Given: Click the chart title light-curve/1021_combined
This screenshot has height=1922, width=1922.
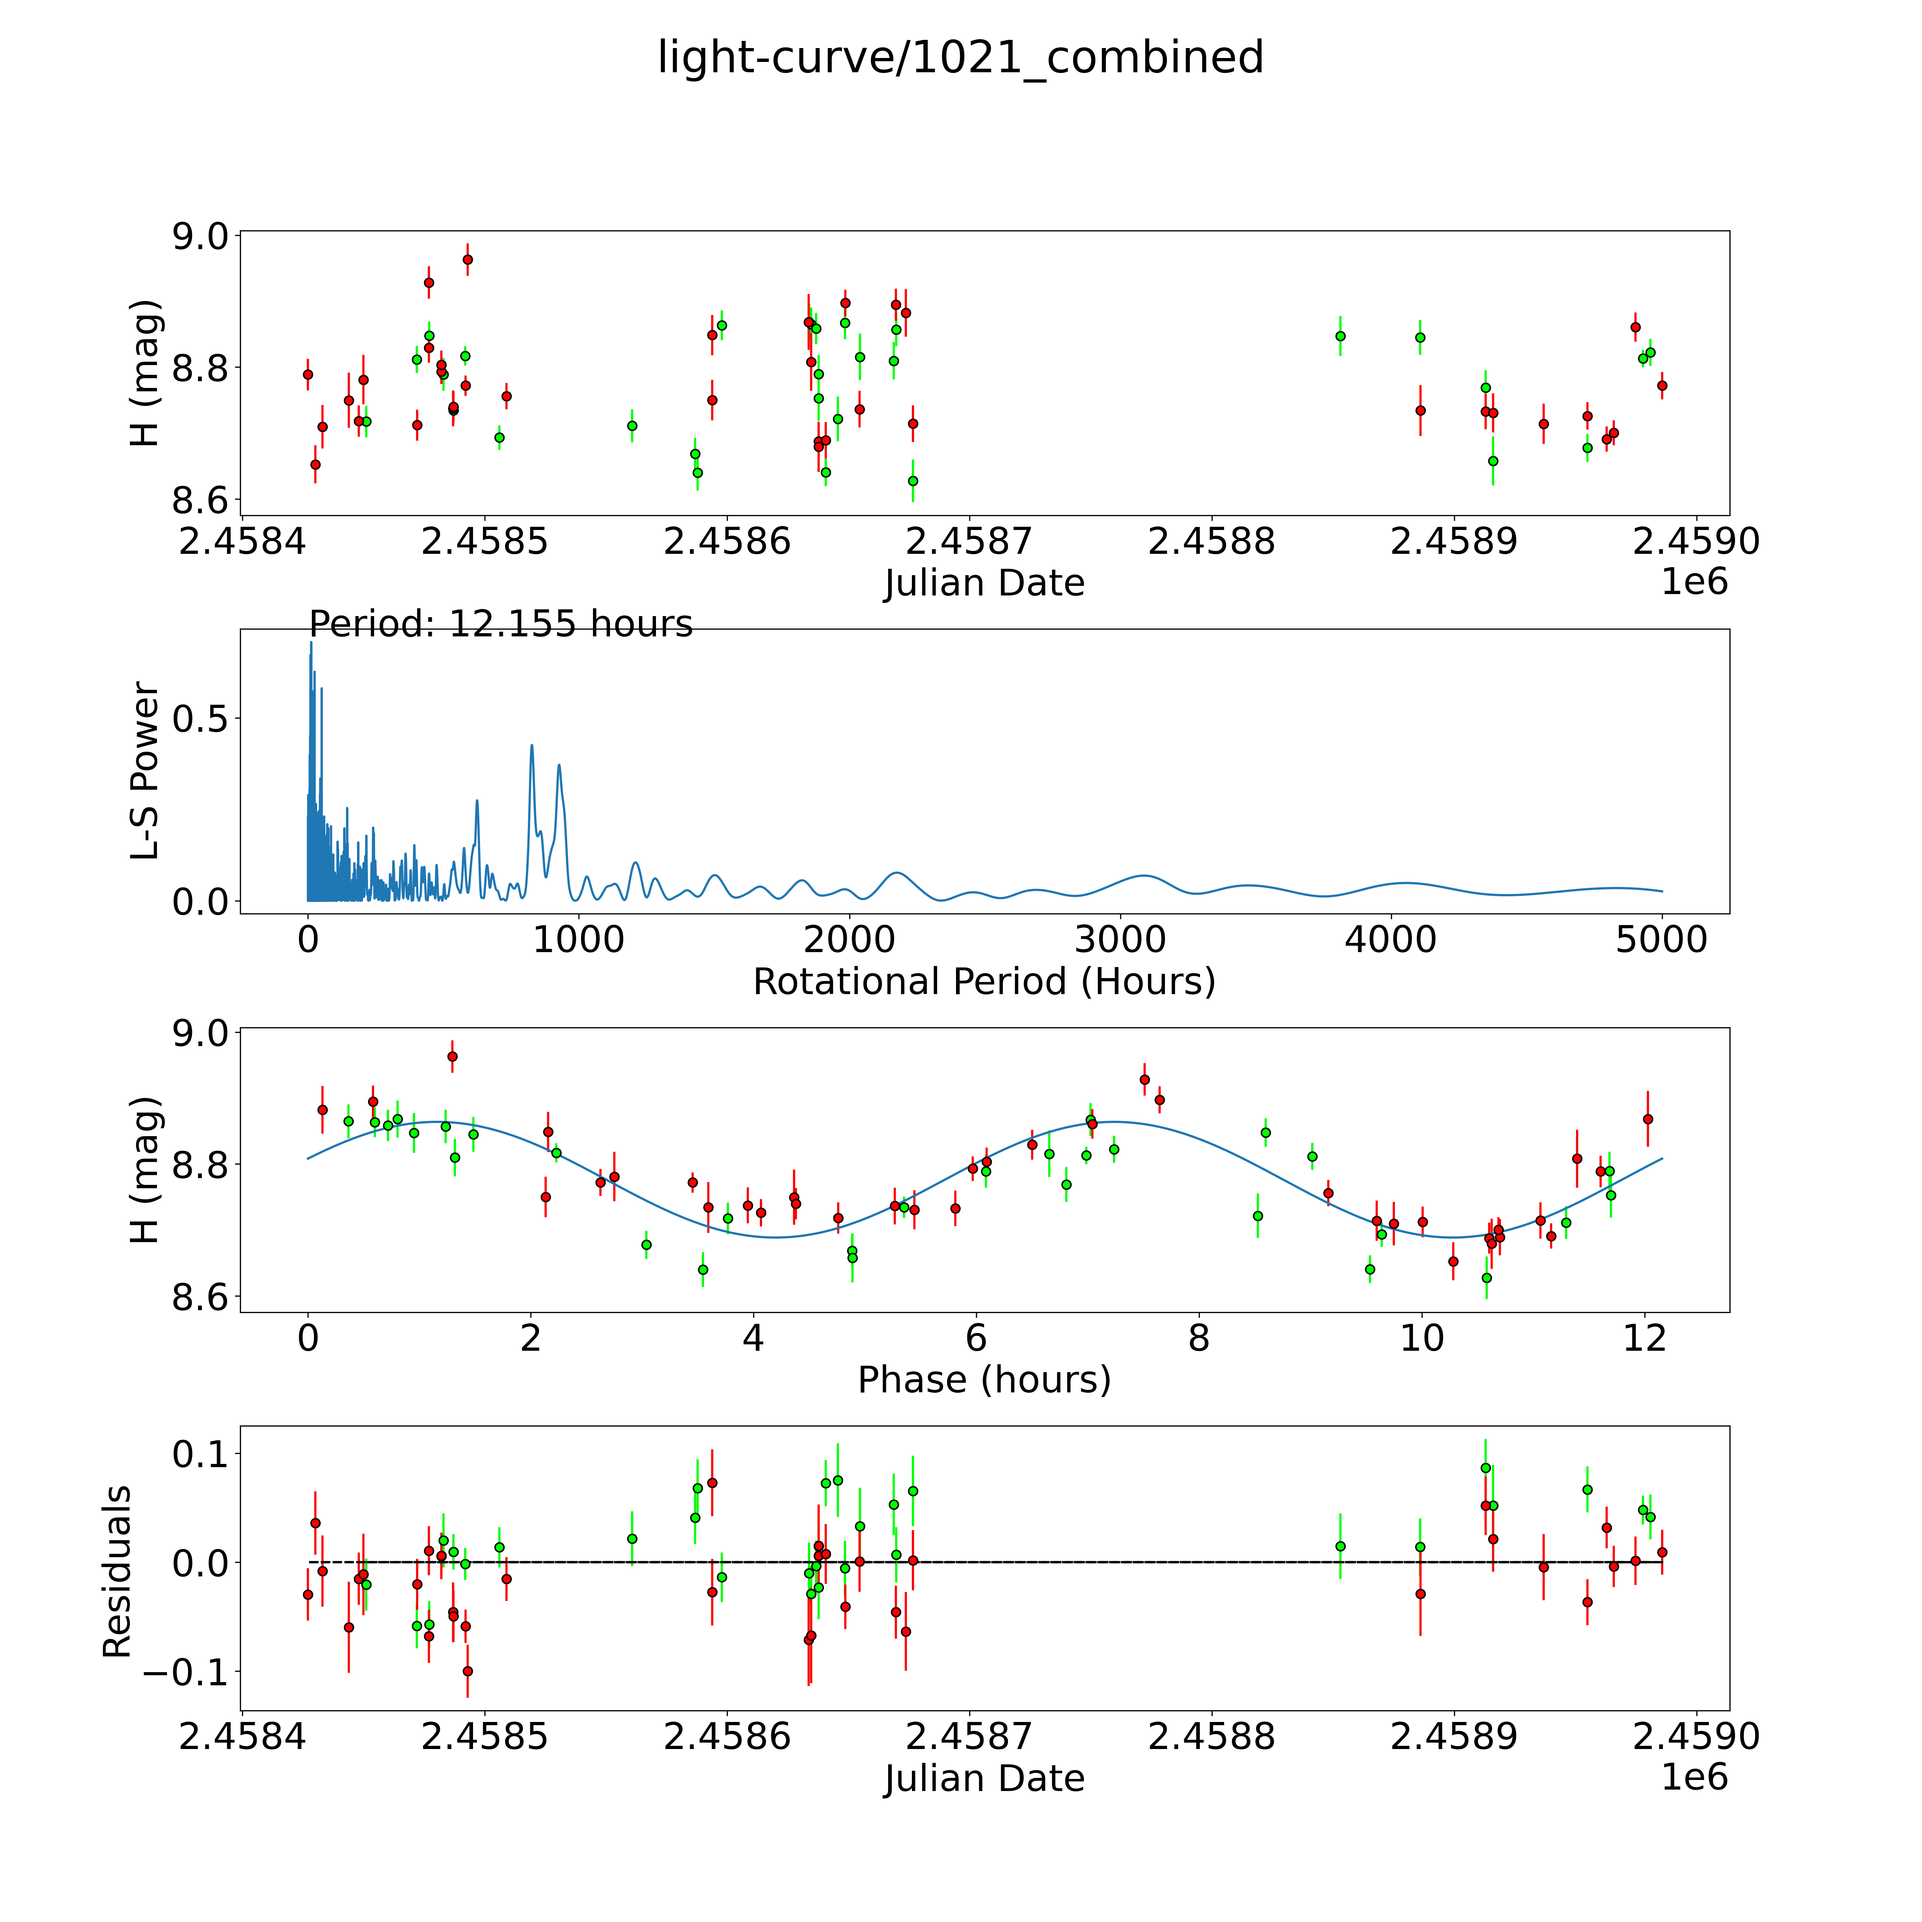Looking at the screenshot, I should [960, 58].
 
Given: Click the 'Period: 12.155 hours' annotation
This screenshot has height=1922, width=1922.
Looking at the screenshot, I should [500, 625].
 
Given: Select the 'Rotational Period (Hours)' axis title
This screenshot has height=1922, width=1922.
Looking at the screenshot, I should [984, 982].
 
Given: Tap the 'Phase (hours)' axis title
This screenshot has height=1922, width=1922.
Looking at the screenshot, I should [984, 1380].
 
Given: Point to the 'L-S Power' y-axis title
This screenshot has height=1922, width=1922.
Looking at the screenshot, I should [145, 771].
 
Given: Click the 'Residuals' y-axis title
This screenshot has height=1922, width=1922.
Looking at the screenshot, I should [117, 1572].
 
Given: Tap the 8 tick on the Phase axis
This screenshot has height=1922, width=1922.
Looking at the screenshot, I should [1199, 1338].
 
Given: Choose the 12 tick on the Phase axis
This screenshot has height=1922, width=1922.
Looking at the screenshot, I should [1644, 1338].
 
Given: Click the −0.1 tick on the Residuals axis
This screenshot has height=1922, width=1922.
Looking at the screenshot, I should [185, 1671].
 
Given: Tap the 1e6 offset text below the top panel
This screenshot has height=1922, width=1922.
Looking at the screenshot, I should [1694, 582].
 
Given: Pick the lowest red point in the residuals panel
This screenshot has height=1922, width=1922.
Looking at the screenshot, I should [468, 1671].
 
